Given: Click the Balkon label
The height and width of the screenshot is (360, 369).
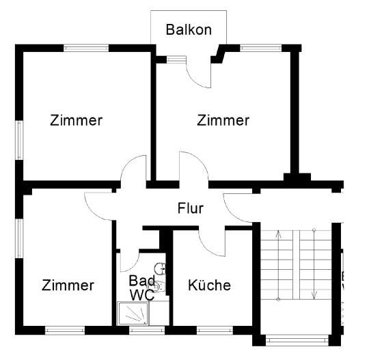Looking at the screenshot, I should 189,30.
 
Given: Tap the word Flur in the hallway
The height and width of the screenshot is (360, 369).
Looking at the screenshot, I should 191,208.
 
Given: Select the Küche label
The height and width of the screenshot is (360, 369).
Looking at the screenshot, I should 210,286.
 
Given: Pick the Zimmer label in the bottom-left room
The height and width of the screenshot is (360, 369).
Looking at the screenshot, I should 68,286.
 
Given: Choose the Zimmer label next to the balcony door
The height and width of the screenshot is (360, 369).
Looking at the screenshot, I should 223,121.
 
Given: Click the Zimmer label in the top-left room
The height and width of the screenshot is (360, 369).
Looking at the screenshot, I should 76,121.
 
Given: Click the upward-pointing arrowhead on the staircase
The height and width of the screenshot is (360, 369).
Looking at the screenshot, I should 279,234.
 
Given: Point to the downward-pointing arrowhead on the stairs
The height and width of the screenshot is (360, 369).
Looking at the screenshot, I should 314,296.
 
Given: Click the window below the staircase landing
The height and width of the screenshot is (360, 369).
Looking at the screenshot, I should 295,339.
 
